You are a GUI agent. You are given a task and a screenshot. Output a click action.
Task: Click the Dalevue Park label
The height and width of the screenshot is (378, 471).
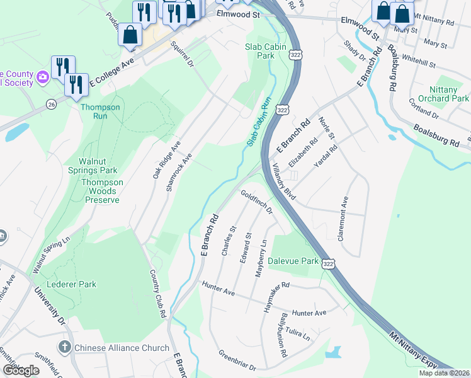[293, 260]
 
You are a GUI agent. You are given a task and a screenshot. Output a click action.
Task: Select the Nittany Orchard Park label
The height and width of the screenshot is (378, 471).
[448, 94]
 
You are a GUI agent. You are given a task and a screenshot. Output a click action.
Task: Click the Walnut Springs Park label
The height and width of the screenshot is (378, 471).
[93, 165]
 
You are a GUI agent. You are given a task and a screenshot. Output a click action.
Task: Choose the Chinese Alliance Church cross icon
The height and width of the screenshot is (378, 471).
[64, 347]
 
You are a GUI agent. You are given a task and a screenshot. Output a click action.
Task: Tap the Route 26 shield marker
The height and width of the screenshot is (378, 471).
[50, 103]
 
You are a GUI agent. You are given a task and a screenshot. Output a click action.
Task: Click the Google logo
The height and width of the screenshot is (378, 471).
[21, 370]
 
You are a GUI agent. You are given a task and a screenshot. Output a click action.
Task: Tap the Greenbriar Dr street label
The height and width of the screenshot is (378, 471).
[237, 360]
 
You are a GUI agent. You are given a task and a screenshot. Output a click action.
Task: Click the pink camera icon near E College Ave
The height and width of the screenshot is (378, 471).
[43, 77]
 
